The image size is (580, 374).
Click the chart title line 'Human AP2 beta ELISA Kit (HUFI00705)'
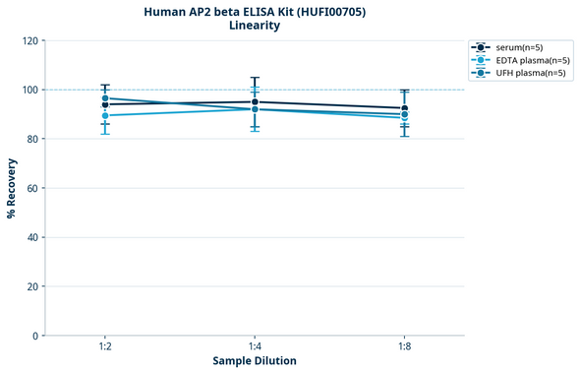(255, 11)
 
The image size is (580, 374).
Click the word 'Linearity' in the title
(255, 26)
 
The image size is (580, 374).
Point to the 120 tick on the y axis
(29, 41)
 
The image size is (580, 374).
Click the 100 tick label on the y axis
(29, 91)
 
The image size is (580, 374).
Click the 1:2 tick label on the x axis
(105, 347)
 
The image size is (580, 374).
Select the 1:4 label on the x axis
(255, 347)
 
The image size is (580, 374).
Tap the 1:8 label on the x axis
(404, 347)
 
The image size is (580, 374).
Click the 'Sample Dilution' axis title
(255, 361)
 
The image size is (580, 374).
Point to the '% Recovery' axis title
(12, 188)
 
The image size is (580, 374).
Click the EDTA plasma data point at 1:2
(105, 116)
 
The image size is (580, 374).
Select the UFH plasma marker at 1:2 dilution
(105, 98)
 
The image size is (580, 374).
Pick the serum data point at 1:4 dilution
(255, 102)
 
